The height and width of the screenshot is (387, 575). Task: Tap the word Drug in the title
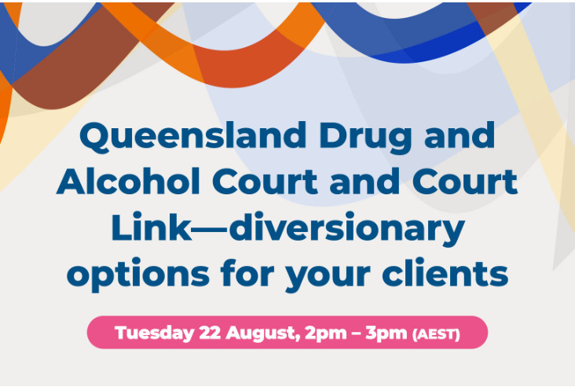click(x=365, y=138)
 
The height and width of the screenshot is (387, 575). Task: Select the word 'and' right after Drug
click(x=460, y=135)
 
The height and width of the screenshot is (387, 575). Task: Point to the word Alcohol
click(x=128, y=181)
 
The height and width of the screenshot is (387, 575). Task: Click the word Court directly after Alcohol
click(x=265, y=181)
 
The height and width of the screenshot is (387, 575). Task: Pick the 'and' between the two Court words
click(x=364, y=181)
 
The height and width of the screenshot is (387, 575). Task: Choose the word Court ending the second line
click(x=464, y=181)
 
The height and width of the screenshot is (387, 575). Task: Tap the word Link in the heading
click(x=151, y=227)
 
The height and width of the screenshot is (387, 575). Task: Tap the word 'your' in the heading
click(x=328, y=277)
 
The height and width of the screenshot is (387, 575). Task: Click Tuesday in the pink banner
click(x=155, y=334)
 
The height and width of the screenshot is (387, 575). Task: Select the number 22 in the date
click(x=210, y=333)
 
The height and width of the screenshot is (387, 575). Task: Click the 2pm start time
click(x=326, y=334)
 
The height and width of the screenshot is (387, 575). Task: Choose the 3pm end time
click(x=386, y=334)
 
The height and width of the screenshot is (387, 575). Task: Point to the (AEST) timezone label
click(x=436, y=334)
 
